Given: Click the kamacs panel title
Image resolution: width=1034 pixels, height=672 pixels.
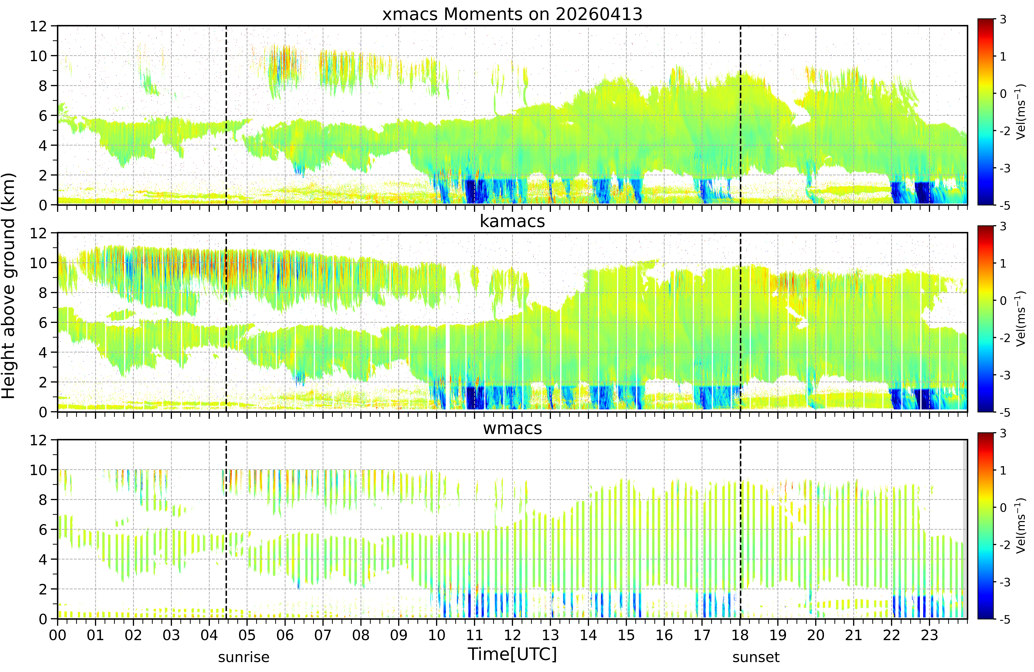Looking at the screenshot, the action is (x=512, y=221).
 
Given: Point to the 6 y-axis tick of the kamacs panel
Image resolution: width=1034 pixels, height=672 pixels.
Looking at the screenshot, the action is (x=43, y=323).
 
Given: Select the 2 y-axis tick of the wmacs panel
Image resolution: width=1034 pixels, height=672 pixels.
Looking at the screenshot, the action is (x=43, y=589).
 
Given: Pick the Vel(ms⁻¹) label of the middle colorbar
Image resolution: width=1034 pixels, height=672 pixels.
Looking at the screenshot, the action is (x=1020, y=319).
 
